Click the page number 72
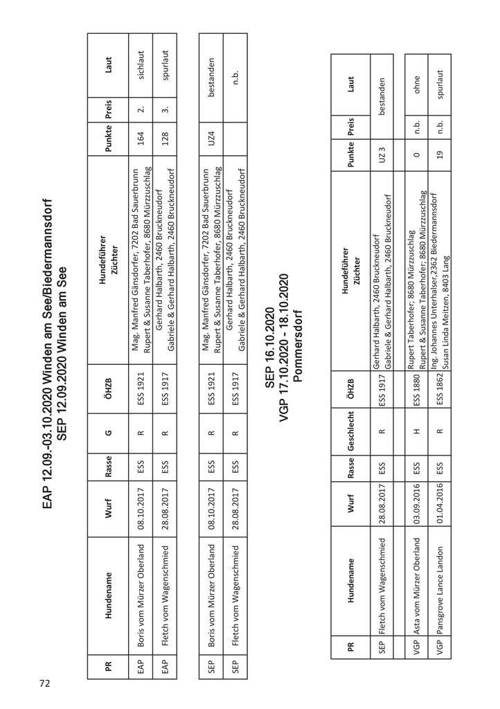tap(45, 683)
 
